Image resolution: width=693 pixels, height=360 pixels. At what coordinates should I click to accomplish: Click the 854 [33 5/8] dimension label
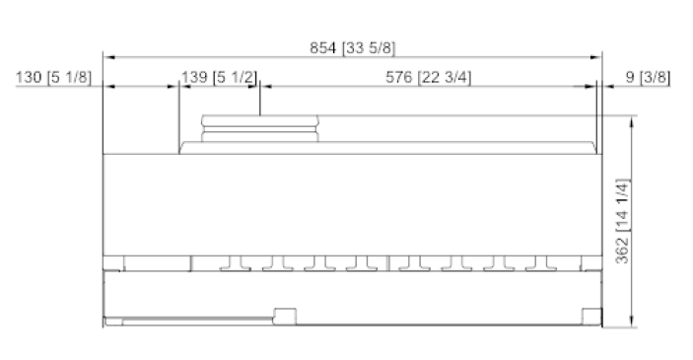tap(352, 47)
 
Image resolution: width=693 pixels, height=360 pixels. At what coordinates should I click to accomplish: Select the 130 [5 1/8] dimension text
tap(53, 77)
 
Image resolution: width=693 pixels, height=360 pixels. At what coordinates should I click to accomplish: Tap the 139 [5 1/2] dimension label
tap(219, 77)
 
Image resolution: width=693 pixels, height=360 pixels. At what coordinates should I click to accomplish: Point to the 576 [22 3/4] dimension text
tap(428, 77)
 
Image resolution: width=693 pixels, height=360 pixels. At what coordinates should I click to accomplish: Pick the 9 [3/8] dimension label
tap(648, 77)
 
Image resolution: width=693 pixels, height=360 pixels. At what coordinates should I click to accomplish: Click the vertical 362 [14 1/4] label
tap(622, 221)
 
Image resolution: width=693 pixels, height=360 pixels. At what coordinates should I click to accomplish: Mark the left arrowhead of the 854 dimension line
tap(109, 57)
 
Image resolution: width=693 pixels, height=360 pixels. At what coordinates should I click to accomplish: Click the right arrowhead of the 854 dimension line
tap(595, 57)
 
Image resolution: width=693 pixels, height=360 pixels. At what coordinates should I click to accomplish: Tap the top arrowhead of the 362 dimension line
tap(632, 122)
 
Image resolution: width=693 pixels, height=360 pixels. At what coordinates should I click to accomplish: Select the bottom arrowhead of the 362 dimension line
tap(632, 322)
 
